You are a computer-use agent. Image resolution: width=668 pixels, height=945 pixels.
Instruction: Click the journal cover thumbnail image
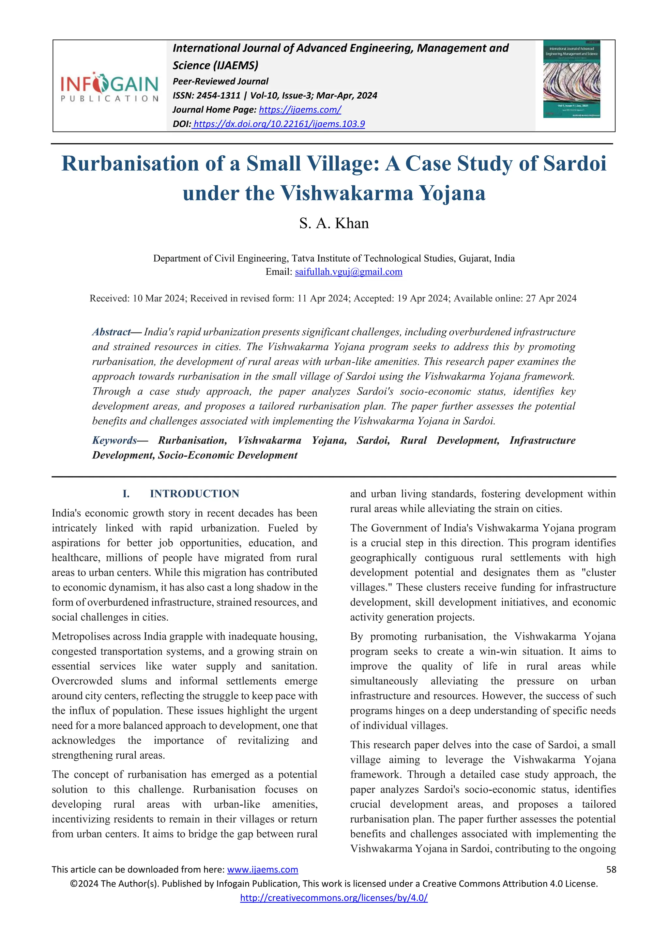click(x=571, y=79)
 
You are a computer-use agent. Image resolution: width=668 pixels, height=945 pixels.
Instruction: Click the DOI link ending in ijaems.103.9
click(x=279, y=124)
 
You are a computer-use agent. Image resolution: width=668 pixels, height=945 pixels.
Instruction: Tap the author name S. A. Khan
click(x=334, y=223)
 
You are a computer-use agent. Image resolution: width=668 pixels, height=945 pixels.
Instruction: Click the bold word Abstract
click(x=111, y=332)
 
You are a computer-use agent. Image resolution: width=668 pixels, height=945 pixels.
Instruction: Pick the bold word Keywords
click(x=114, y=441)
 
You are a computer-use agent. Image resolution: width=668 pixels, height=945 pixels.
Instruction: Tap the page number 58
click(x=611, y=869)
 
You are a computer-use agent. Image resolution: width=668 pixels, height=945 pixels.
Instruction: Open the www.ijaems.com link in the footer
click(x=263, y=869)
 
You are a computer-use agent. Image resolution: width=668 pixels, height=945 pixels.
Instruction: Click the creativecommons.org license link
click(x=334, y=898)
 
